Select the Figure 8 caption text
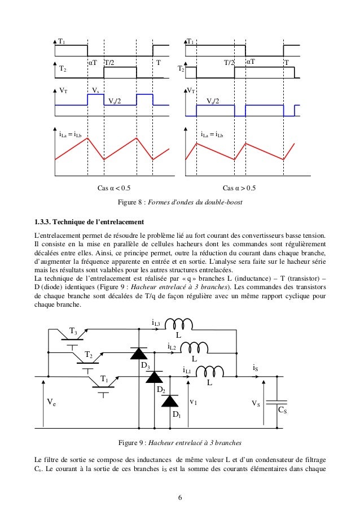tap(180, 202)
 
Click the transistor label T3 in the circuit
tap(73, 330)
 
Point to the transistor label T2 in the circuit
tap(89, 354)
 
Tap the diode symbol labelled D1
tap(170, 400)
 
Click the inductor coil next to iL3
tap(180, 324)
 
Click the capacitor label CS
tap(283, 411)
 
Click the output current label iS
tap(256, 368)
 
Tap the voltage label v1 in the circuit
tap(193, 402)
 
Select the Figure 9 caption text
tap(180, 442)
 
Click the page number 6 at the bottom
tap(180, 497)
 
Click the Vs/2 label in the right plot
tap(212, 101)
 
